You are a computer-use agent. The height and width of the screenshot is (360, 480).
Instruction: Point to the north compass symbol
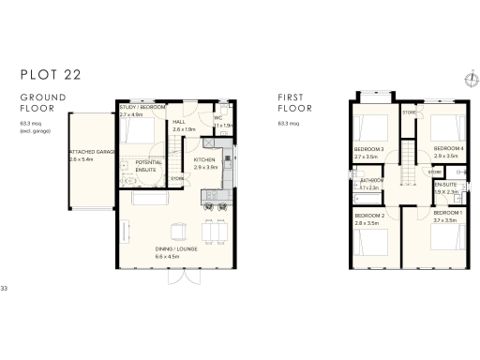469,79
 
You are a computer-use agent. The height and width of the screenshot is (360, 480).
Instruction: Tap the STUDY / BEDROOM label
142,108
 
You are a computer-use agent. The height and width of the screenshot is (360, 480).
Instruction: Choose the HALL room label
180,122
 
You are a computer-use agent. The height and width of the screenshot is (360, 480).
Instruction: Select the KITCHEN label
204,160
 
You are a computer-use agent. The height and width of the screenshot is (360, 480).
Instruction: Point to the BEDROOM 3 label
368,150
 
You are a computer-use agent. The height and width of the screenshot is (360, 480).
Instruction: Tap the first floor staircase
408,178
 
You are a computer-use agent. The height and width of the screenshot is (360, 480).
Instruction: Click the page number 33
5,287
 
